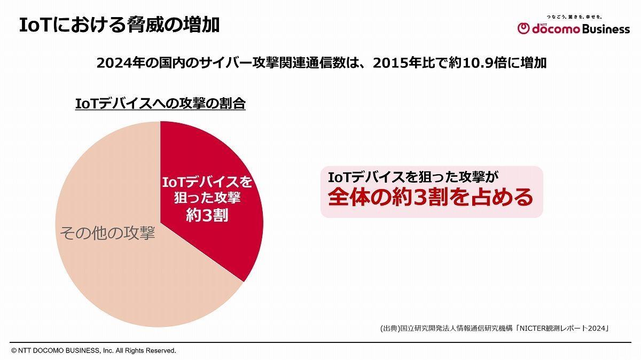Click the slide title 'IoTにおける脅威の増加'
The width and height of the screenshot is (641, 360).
[119, 25]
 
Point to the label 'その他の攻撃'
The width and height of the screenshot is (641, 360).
[107, 233]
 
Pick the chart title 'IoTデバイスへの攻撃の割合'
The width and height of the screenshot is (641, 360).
[160, 104]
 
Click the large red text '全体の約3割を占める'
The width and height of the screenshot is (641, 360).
[431, 197]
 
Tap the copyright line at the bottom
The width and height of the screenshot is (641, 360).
[93, 351]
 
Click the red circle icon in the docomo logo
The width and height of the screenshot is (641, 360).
[523, 29]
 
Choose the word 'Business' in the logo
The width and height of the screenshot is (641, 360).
[605, 29]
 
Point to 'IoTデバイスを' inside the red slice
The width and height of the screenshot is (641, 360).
[207, 182]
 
